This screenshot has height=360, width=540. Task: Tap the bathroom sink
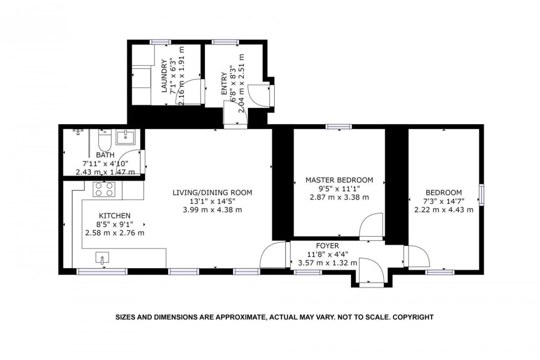point(125,137)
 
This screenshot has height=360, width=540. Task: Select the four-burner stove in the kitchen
point(104,189)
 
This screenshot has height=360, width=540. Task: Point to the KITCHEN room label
point(115,216)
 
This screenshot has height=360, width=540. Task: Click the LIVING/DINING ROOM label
point(213,193)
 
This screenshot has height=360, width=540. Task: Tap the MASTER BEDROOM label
point(339,180)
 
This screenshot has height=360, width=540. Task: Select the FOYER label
point(327,246)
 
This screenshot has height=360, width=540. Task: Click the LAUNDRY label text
point(164,76)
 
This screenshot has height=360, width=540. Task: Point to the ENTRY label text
point(224,83)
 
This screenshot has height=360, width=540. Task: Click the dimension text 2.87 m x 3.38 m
point(339,198)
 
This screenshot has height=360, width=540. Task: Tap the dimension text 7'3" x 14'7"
point(444,201)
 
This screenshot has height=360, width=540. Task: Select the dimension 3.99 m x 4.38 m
point(213,210)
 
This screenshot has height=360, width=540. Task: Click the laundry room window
point(160,42)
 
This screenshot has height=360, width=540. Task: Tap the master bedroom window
point(339,127)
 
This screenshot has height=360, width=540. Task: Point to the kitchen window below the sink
point(102,272)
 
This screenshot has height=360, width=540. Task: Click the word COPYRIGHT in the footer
point(413,317)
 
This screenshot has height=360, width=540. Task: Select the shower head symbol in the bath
point(78,132)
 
